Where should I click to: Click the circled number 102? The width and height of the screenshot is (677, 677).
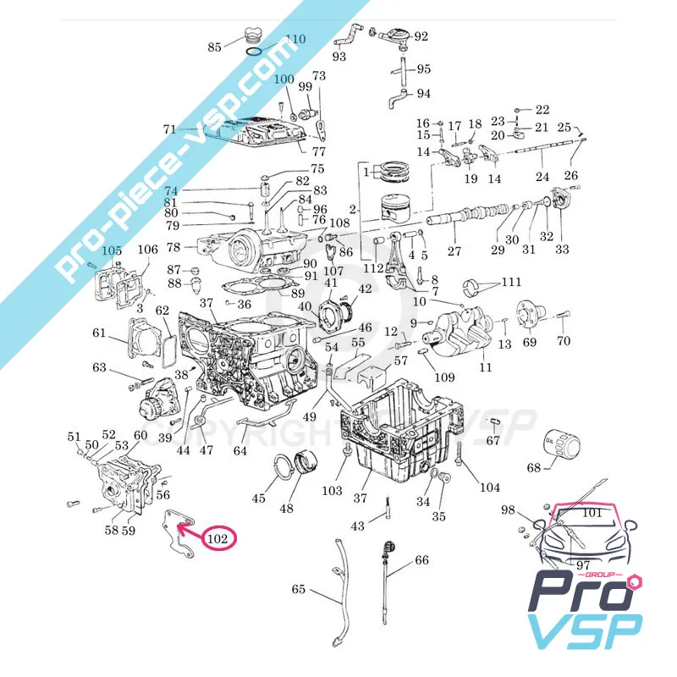coord(217,537)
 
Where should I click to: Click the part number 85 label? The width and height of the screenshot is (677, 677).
coord(214,47)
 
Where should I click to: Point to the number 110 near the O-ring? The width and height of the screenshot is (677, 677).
coord(294,39)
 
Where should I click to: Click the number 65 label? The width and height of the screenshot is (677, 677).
coord(299,589)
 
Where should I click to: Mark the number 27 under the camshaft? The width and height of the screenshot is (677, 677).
coord(454,251)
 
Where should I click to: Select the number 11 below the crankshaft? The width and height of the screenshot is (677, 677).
coord(485,367)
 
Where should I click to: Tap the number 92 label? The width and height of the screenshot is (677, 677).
coord(421,36)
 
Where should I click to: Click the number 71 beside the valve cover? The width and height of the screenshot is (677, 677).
coord(170,129)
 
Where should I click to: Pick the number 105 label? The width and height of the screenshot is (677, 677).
coord(112,251)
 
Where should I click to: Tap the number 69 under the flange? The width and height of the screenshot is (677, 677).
coord(529,342)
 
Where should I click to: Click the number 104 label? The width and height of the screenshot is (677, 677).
coord(489,487)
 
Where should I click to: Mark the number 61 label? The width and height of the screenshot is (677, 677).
coord(99,332)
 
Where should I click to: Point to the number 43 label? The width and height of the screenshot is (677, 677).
coord(358,526)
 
